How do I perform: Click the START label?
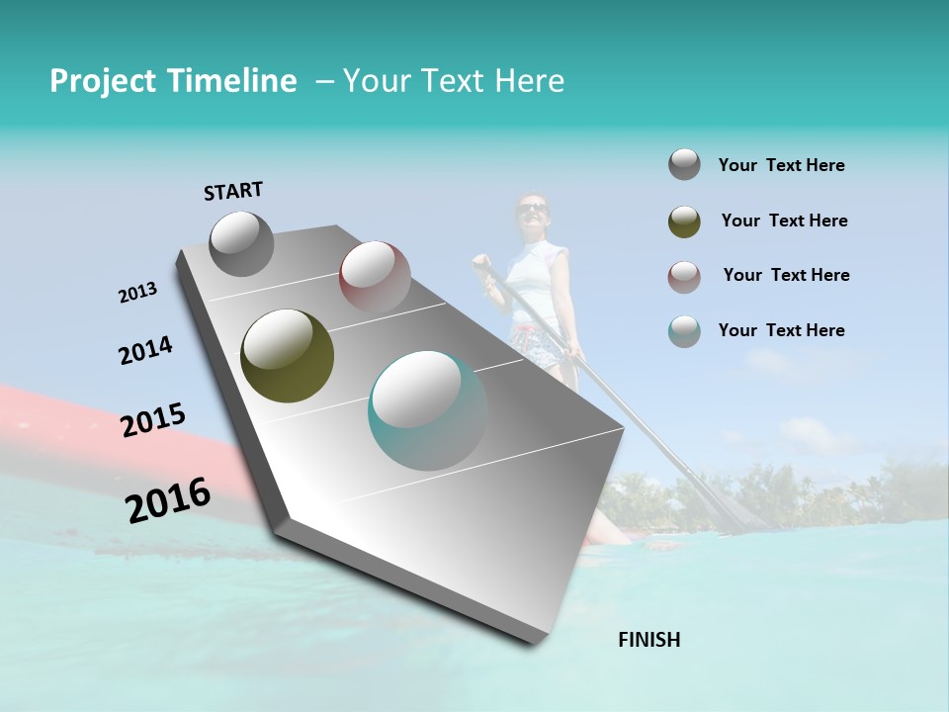(x=233, y=190)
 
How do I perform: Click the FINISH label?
(x=648, y=640)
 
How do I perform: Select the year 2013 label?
(x=137, y=293)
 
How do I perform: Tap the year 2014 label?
(x=145, y=350)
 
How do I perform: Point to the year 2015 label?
(x=152, y=420)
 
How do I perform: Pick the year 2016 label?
(x=168, y=499)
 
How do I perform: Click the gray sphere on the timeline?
(x=241, y=243)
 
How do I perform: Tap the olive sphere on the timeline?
(x=288, y=356)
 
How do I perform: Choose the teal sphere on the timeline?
(x=427, y=409)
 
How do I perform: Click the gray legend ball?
(x=684, y=165)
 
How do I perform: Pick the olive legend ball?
(x=684, y=222)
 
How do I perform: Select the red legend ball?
(x=684, y=276)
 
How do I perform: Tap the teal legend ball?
(x=684, y=331)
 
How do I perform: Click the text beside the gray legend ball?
(x=781, y=165)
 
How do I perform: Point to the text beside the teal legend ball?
(x=781, y=330)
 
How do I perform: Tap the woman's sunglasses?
(x=532, y=208)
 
